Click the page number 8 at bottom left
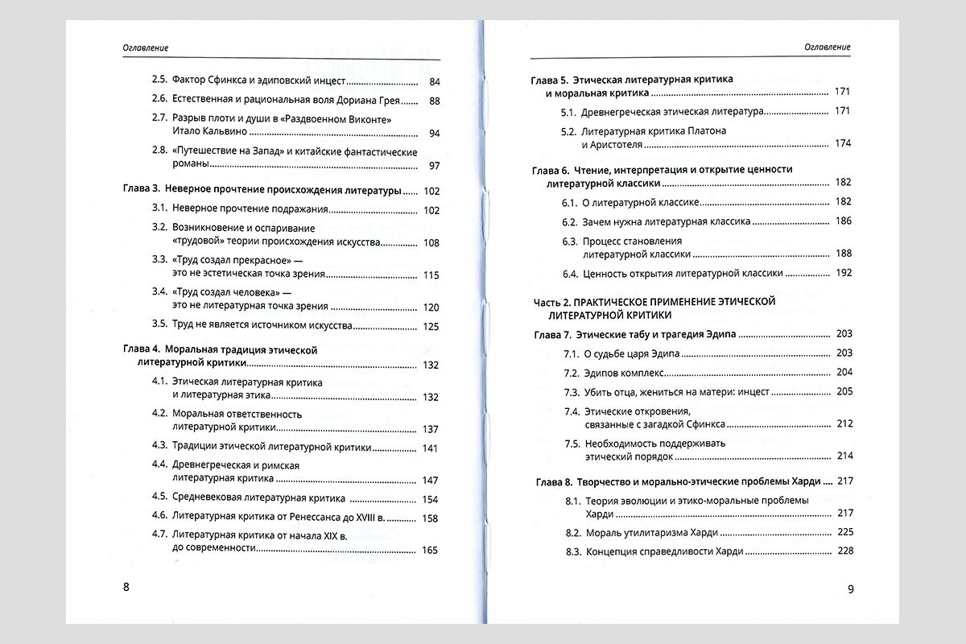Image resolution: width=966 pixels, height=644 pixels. click(x=126, y=586)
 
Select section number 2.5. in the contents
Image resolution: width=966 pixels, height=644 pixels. click(x=159, y=81)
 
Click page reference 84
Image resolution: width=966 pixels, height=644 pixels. click(x=435, y=82)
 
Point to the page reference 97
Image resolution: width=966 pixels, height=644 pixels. click(x=435, y=166)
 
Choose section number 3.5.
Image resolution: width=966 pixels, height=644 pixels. click(x=159, y=326)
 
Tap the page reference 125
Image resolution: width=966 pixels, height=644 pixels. click(x=431, y=327)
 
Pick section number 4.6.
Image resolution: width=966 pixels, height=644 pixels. click(x=159, y=518)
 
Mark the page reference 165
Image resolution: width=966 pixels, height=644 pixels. click(x=431, y=551)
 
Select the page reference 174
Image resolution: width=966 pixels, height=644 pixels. click(x=843, y=144)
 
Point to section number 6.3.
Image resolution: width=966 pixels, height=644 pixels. click(x=570, y=242)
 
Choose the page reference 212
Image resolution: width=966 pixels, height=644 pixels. click(x=844, y=423)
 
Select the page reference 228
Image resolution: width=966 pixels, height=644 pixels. click(x=844, y=551)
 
